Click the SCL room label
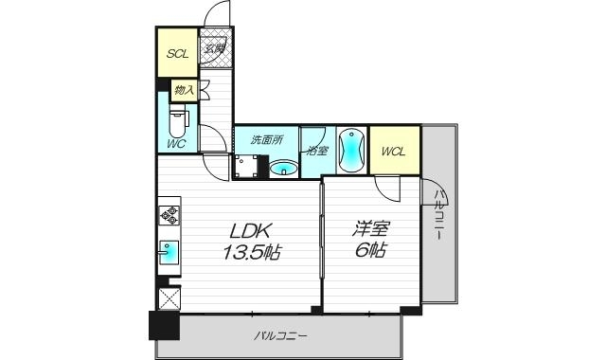click(x=177, y=54)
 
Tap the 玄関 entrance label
click(x=215, y=48)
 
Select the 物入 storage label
click(x=184, y=90)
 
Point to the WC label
click(x=176, y=143)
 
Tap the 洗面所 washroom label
click(x=265, y=139)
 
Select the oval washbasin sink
click(x=283, y=169)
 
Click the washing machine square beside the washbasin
click(x=249, y=167)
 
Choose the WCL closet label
click(x=394, y=151)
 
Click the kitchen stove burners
click(x=169, y=214)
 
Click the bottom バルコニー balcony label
click(x=281, y=335)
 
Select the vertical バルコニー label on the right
click(x=440, y=216)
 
